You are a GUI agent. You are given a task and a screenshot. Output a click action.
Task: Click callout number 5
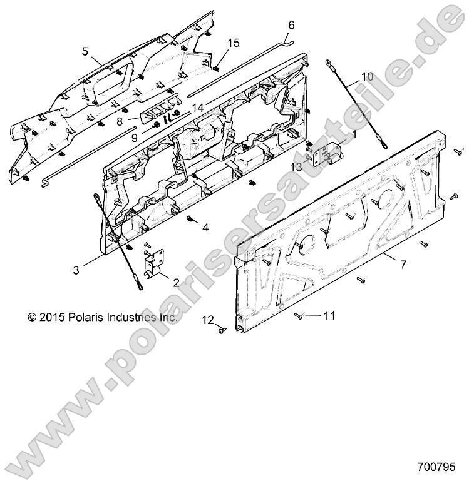tap(85, 52)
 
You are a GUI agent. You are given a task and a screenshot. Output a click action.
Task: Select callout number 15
tap(233, 43)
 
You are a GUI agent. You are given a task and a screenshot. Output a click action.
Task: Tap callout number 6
tap(291, 26)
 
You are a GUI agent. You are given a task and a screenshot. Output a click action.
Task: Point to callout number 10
tap(367, 76)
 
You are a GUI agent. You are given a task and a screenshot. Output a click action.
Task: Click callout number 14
tap(198, 108)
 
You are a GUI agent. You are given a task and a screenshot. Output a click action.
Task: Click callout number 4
tap(205, 228)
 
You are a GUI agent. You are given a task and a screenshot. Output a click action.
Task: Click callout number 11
tap(329, 316)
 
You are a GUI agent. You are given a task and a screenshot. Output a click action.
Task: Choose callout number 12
tap(208, 320)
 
